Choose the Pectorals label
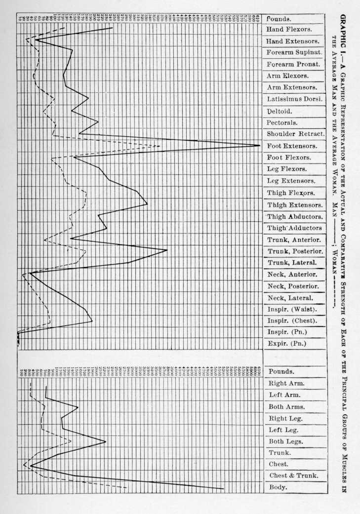pyautogui.click(x=282, y=122)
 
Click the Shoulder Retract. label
pyautogui.click(x=295, y=134)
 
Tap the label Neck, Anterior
pyautogui.click(x=292, y=274)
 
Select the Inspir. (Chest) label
pyautogui.click(x=292, y=321)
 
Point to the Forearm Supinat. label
pyautogui.click(x=294, y=53)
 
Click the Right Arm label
pyautogui.click(x=286, y=383)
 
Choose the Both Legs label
pyautogui.click(x=286, y=441)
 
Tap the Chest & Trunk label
pyautogui.click(x=293, y=476)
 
